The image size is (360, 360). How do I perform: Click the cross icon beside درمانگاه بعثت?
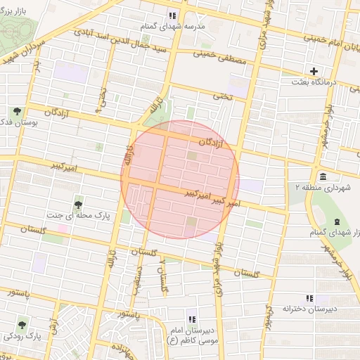pos(314,70)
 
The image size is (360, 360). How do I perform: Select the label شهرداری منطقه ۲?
pos(324,188)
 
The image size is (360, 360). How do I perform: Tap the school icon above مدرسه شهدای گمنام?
pos(172,15)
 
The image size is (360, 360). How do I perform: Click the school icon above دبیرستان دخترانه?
pos(309,298)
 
